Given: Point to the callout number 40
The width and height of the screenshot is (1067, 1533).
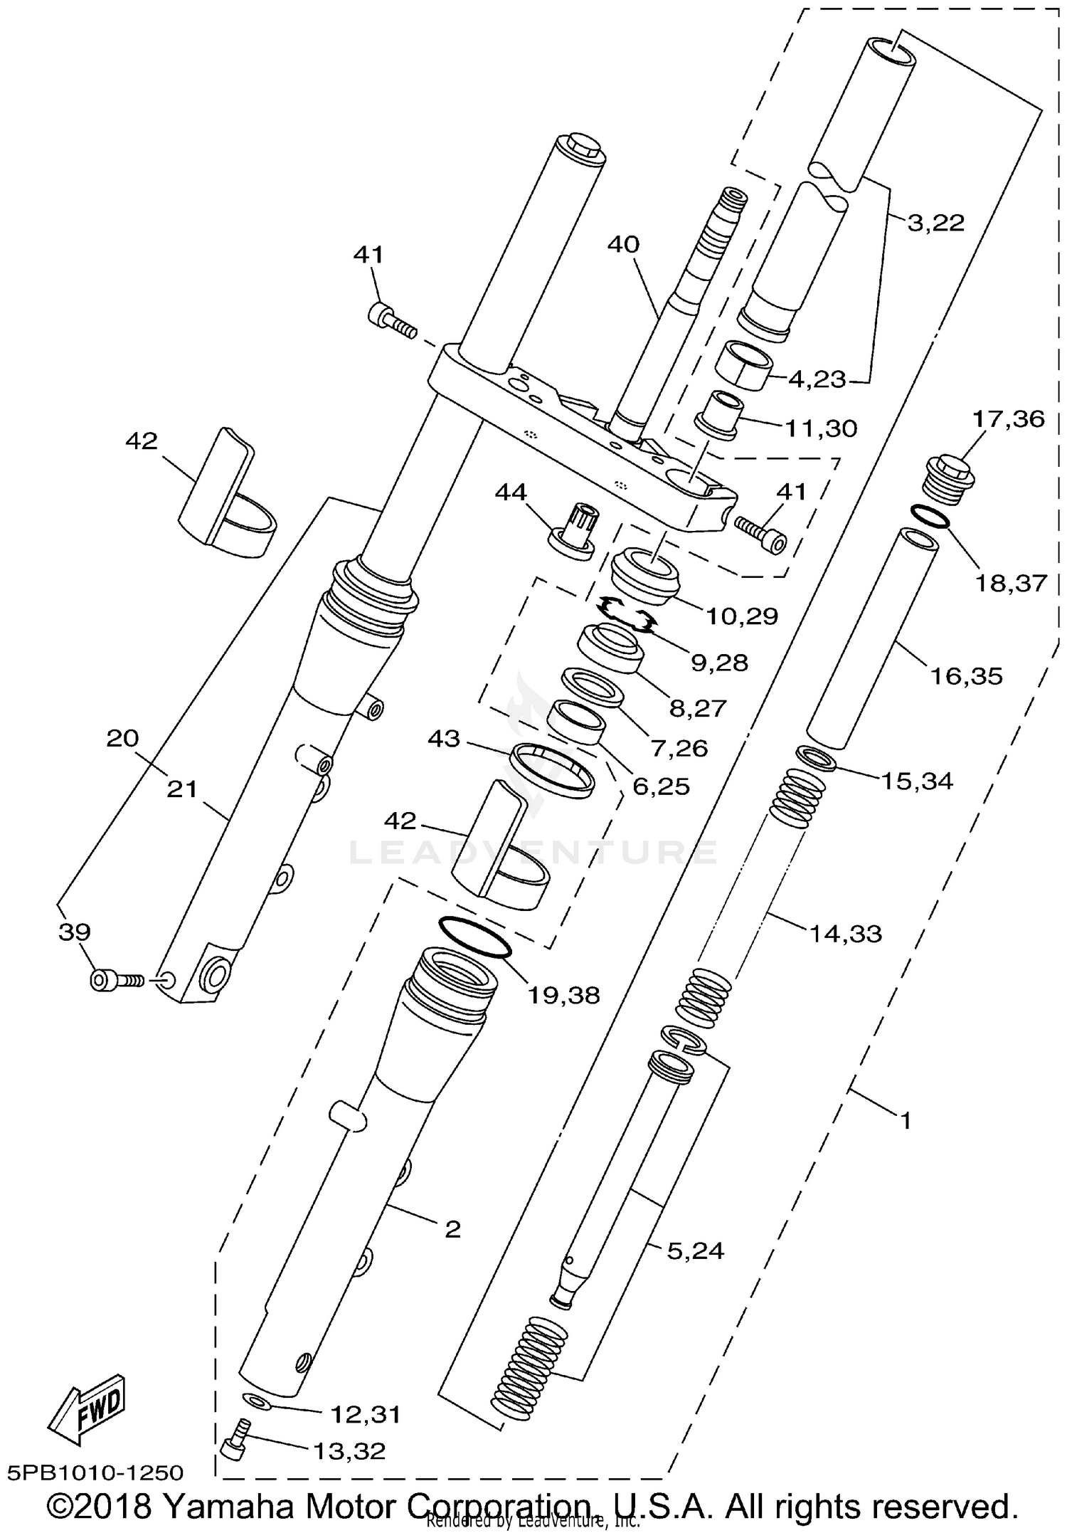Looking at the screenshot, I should coord(623,245).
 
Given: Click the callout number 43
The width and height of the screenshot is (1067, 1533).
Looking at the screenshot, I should coord(444,740).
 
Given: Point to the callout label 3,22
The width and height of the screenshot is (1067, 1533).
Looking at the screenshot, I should coord(935,223).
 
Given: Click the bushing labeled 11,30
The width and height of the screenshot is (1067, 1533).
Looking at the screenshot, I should coord(718,413).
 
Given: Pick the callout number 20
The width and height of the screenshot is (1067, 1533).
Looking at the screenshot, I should coord(122,739).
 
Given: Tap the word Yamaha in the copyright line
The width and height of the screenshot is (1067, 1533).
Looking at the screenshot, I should coord(233,1507).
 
